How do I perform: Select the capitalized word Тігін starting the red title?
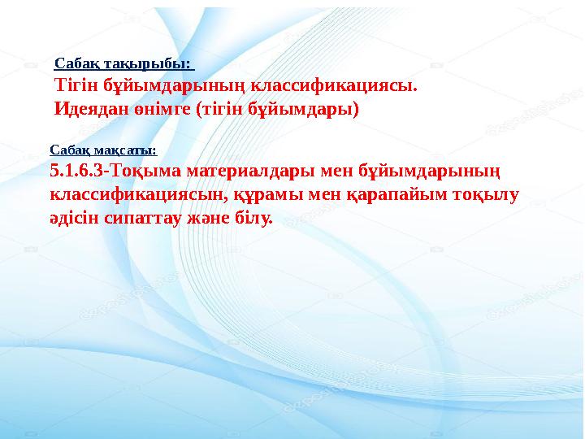(76, 85)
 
